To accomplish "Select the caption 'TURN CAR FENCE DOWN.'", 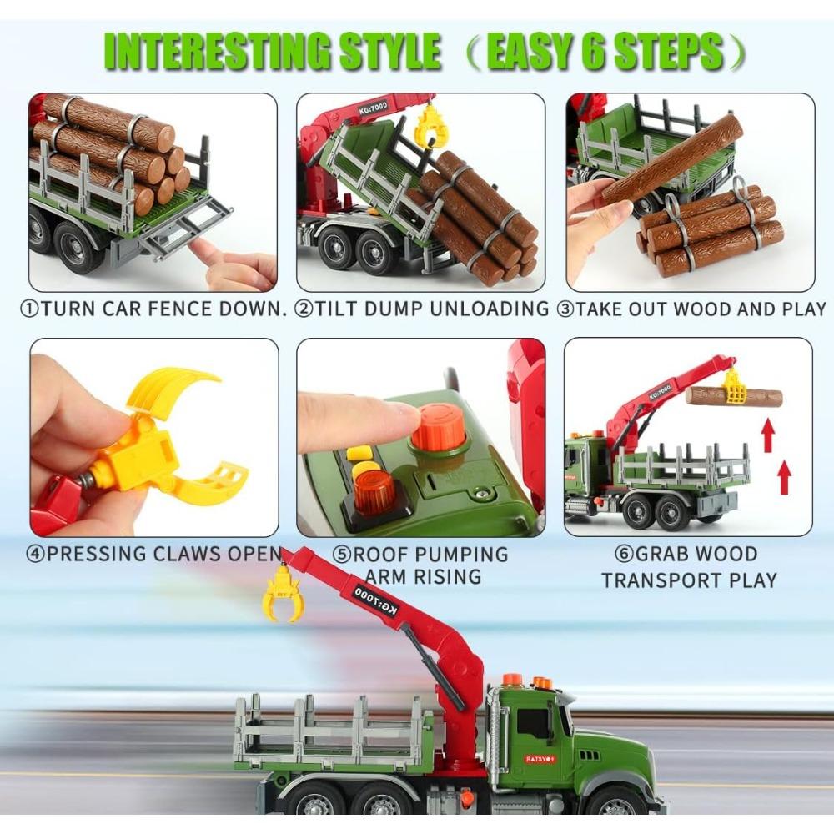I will pyautogui.click(x=153, y=309).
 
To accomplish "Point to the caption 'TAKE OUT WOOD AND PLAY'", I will pyautogui.click(x=691, y=309).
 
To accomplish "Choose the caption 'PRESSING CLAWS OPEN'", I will pyautogui.click(x=154, y=554).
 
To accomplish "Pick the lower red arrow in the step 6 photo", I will pyautogui.click(x=784, y=479).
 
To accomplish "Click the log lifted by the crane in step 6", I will pyautogui.click(x=734, y=396).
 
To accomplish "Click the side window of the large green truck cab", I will pyautogui.click(x=535, y=725).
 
